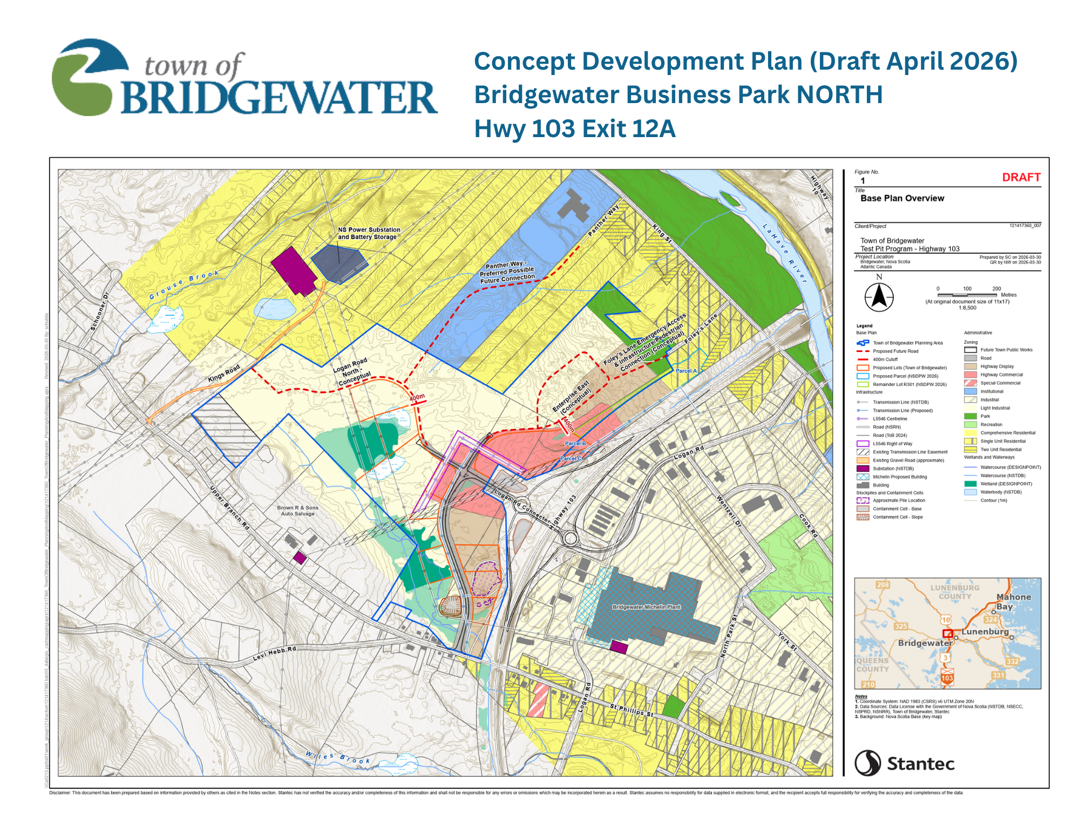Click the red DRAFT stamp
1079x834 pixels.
(x=1021, y=178)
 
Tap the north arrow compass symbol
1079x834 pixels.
(x=879, y=297)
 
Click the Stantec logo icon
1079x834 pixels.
(x=867, y=763)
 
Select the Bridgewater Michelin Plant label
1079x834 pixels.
(x=646, y=607)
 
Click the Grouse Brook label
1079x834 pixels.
(x=184, y=284)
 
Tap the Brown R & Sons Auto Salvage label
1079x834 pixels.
(x=297, y=511)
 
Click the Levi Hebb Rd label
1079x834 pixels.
(x=274, y=654)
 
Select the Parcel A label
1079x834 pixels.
(x=686, y=371)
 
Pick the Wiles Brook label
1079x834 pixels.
(x=338, y=757)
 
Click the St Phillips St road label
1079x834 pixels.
(x=631, y=710)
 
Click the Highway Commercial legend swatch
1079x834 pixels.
(x=971, y=375)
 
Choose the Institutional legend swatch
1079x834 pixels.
(x=971, y=391)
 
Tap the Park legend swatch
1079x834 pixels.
(x=971, y=416)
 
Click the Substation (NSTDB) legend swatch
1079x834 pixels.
(x=863, y=469)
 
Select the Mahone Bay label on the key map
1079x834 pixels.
(x=1013, y=601)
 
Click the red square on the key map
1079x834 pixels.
(x=947, y=633)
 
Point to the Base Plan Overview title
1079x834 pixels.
(x=902, y=198)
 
